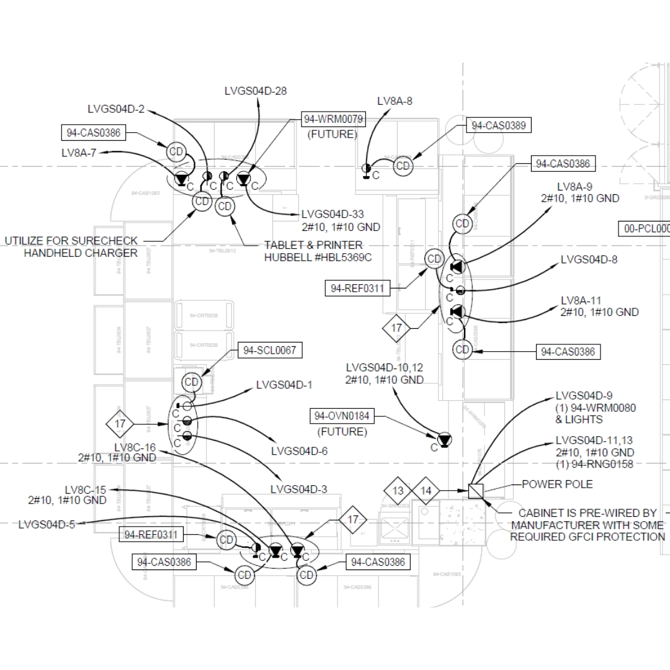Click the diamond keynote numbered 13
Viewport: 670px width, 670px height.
(398, 491)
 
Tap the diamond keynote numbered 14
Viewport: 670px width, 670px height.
(426, 491)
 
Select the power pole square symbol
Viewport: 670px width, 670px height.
(475, 491)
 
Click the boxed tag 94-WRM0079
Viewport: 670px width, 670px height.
(333, 118)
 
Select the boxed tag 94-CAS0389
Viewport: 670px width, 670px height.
(499, 125)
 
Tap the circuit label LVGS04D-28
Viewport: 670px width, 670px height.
(256, 91)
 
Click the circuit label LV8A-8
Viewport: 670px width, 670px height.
(395, 101)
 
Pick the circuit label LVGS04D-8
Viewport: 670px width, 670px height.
(589, 260)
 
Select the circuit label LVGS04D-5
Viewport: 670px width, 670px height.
(47, 525)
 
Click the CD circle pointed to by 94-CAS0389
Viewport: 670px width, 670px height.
(403, 166)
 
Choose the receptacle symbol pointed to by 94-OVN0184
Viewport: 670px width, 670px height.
(445, 440)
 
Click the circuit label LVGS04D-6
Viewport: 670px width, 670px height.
(299, 451)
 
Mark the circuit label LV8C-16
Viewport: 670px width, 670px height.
(135, 447)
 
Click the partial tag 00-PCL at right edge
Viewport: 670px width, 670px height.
(645, 228)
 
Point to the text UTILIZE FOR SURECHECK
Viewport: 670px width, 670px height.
(71, 241)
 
